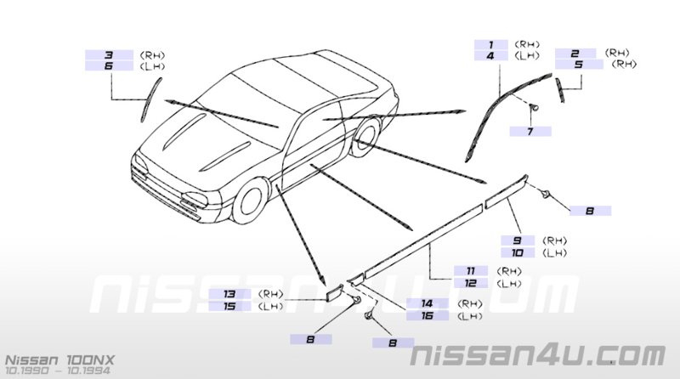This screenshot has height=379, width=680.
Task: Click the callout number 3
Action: point(109,55)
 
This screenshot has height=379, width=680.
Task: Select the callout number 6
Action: point(109,66)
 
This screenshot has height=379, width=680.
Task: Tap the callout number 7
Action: point(530,131)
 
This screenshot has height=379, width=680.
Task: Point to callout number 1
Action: point(491,45)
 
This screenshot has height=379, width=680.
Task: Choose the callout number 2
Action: point(575,54)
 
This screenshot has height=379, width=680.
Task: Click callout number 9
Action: point(518,240)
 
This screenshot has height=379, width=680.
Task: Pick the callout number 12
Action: point(471,283)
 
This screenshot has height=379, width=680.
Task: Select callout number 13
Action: point(229,294)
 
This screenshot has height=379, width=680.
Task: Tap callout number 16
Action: point(428,315)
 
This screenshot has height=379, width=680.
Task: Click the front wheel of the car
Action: point(250,201)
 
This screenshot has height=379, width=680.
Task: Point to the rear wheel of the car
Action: point(365,136)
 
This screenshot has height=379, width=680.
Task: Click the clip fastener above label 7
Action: point(535,107)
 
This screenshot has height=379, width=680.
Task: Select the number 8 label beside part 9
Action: point(590,211)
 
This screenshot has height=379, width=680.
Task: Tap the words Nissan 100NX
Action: point(59,360)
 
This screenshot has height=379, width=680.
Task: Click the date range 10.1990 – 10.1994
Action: point(57,371)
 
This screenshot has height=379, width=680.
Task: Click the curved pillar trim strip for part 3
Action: point(150,99)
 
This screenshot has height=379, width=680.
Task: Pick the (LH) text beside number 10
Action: point(555,253)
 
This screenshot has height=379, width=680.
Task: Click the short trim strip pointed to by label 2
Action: point(560,90)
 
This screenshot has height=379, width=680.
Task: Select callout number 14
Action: point(428,303)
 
